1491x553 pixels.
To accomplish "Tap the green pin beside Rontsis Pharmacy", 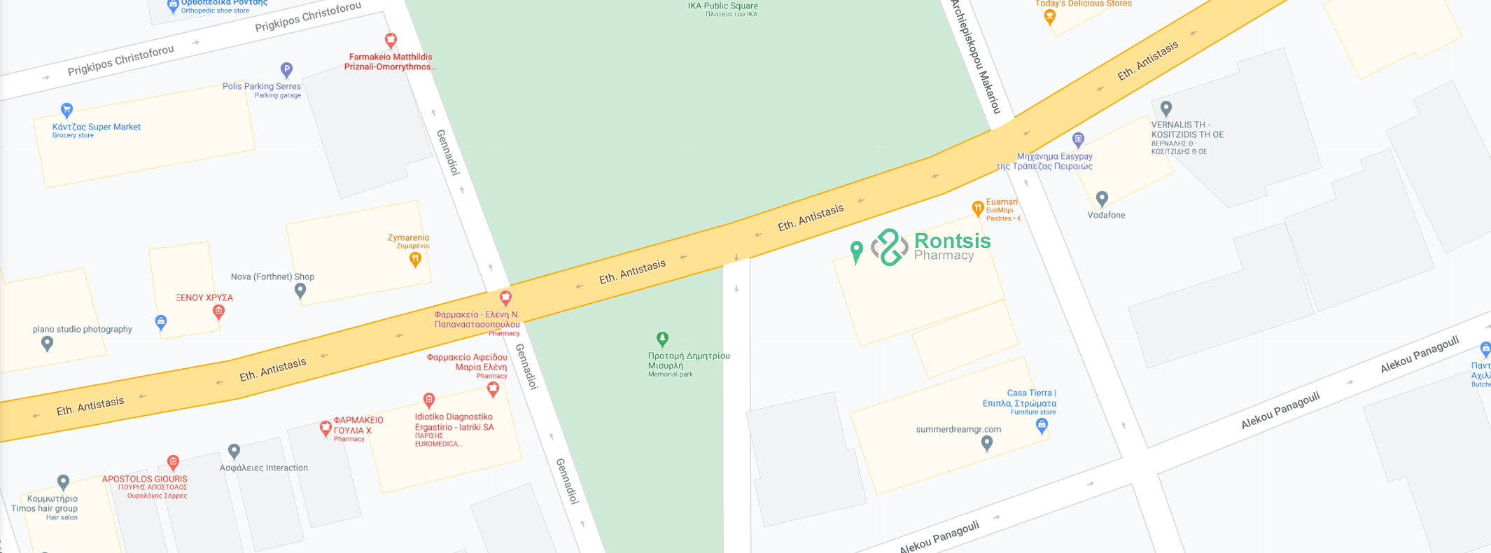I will (x=856, y=251).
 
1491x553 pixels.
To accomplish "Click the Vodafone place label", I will (x=1106, y=215).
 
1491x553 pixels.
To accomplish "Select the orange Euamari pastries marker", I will (x=978, y=208).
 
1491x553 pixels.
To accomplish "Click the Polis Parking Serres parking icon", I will (x=286, y=69).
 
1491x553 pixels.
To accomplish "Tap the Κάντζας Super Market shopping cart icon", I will (x=66, y=110).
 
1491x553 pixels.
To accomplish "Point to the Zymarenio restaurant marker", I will (x=415, y=259).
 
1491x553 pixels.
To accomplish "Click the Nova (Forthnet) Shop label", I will (x=272, y=276).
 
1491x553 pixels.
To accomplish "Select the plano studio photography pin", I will (x=47, y=343).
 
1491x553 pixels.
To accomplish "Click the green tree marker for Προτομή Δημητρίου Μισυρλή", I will (x=662, y=339).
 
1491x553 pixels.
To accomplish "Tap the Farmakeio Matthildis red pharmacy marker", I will (x=391, y=40).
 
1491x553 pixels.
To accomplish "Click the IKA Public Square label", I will (x=722, y=6).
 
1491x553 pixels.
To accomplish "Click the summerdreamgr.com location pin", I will (x=986, y=442).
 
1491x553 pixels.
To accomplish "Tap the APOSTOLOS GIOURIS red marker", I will (x=173, y=461).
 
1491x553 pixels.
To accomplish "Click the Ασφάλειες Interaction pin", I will (x=234, y=451).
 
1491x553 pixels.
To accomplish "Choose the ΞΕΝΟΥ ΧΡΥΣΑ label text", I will (x=204, y=297).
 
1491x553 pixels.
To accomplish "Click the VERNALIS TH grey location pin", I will (x=1165, y=108).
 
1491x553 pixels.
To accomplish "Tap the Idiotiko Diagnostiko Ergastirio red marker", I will (x=429, y=400).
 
